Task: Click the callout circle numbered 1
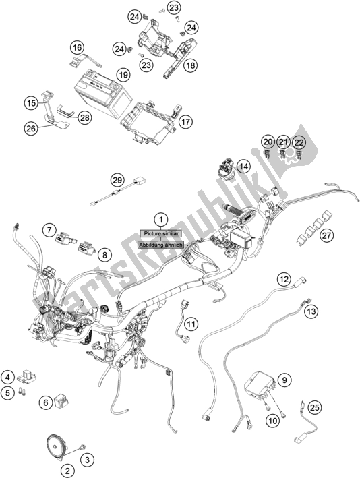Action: click(x=161, y=219)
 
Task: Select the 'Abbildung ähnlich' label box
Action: click(x=160, y=245)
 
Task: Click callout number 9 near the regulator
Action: click(x=284, y=380)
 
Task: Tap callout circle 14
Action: click(x=243, y=166)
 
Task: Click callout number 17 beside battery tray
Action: click(x=185, y=122)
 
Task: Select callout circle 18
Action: click(x=191, y=65)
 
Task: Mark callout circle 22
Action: click(x=299, y=142)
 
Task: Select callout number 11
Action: click(x=191, y=324)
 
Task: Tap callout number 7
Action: click(x=49, y=231)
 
